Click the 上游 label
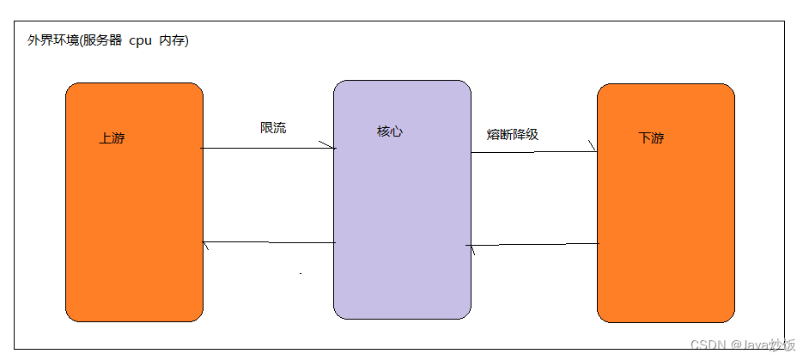(112, 138)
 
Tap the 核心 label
(389, 132)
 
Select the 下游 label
(651, 138)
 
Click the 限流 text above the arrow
(273, 128)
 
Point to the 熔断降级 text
(512, 134)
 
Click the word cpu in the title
(140, 41)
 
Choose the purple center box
(402, 215)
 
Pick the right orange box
(666, 223)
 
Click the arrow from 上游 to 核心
(266, 149)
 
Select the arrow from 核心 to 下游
(532, 153)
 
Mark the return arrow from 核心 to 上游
(268, 243)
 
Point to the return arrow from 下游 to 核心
(532, 245)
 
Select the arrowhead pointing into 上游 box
(206, 245)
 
